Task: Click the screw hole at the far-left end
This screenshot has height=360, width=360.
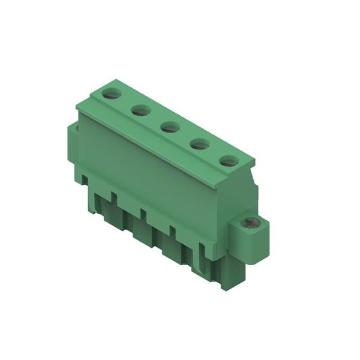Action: pos(111,93)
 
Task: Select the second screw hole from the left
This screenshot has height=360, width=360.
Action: pos(141,110)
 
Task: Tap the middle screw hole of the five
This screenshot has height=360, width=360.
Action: pos(170,127)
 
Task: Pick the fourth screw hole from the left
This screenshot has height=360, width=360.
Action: pos(199,143)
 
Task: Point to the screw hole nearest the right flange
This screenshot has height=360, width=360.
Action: pos(228,160)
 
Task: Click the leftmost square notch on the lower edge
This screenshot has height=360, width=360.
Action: pos(85,179)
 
